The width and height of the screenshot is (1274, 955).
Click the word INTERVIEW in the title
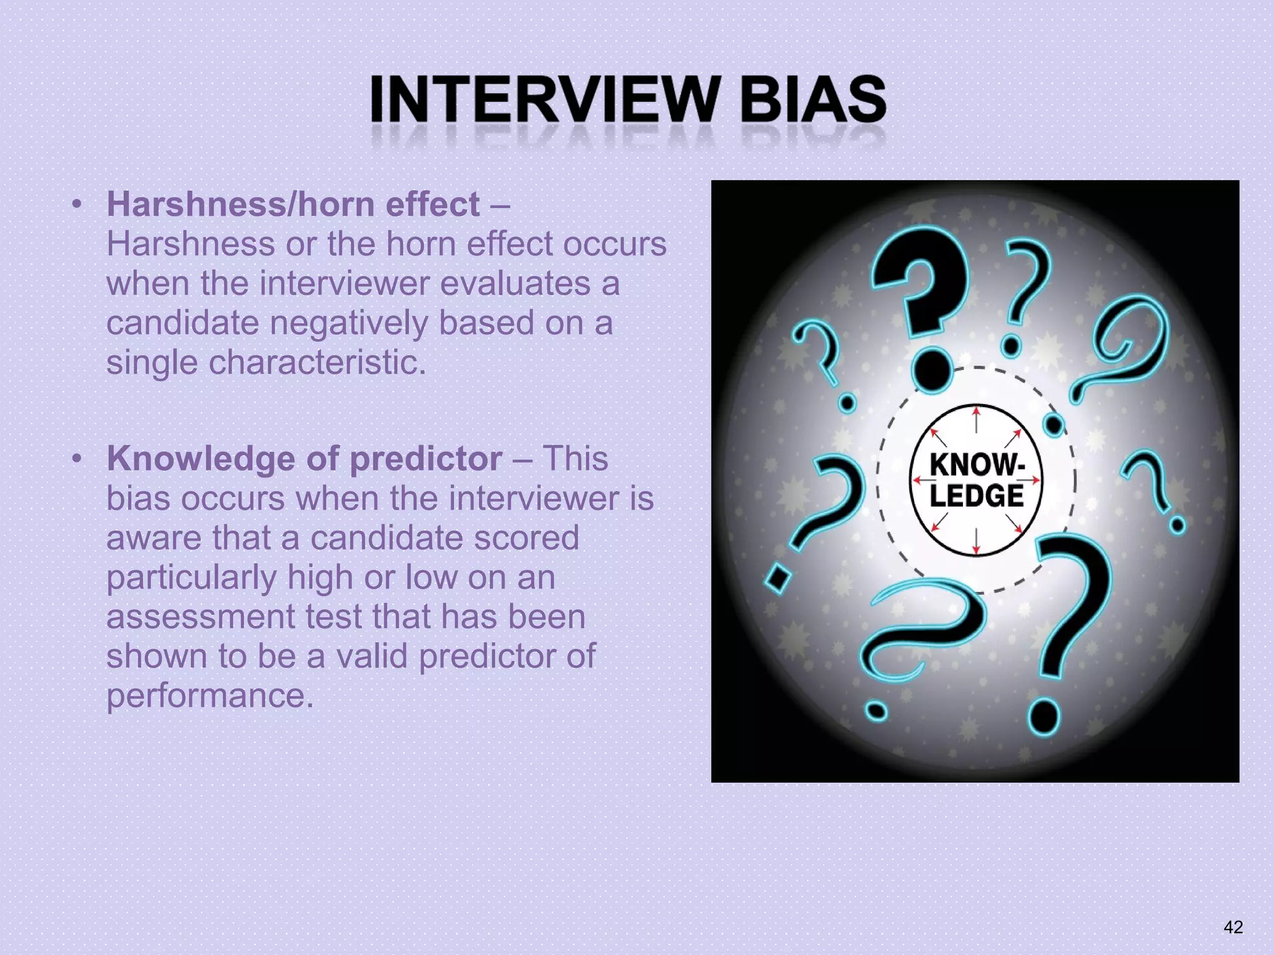[x=542, y=99]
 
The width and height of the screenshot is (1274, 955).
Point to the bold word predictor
[x=425, y=459]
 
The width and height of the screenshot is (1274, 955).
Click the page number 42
[x=1233, y=927]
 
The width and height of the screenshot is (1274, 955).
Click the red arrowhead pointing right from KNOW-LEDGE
[x=1035, y=480]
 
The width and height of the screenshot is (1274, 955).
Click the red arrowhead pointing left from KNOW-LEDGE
[x=918, y=480]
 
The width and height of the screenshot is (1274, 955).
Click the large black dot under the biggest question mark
[x=932, y=371]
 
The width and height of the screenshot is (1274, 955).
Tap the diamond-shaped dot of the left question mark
[x=777, y=578]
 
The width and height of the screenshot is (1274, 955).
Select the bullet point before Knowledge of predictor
[x=77, y=459]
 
